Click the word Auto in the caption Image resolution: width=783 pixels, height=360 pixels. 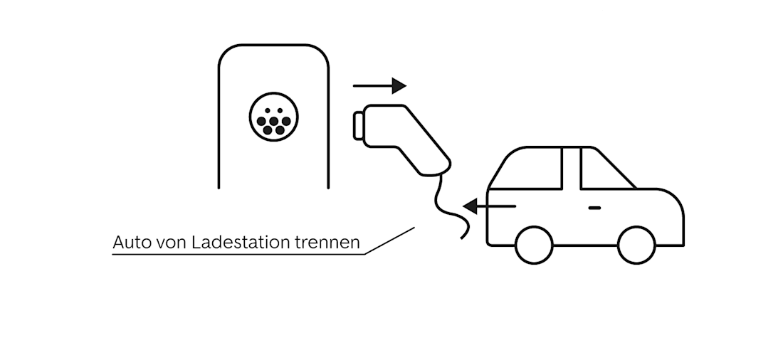130,243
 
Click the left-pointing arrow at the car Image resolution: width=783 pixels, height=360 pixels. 489,206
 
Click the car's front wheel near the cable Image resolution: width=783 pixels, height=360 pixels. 534,245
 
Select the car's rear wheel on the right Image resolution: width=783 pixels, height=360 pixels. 636,245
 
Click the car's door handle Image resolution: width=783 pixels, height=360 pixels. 594,207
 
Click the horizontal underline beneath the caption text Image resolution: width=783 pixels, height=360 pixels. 235,254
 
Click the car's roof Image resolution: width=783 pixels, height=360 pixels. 562,147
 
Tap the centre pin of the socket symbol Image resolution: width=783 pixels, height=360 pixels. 274,120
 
